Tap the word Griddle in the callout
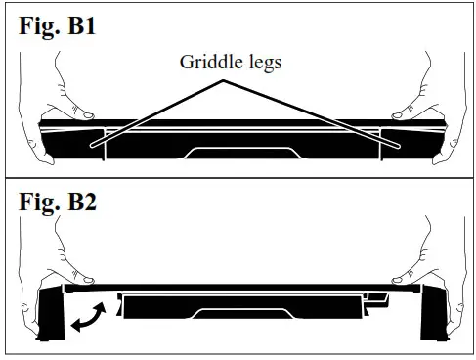(207, 63)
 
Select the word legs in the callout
(261, 63)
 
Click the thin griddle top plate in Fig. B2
(239, 290)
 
